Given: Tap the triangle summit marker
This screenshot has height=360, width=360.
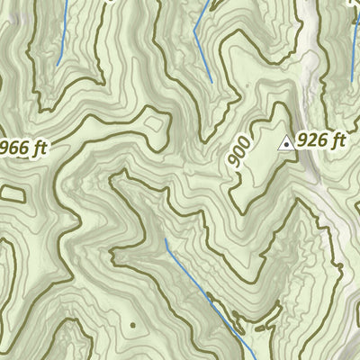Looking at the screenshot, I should click(x=286, y=142).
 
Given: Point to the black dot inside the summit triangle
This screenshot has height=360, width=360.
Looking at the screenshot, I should click(x=286, y=143).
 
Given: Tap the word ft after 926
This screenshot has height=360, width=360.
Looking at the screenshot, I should click(x=337, y=140).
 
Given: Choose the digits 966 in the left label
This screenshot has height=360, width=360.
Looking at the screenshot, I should click(x=13, y=148).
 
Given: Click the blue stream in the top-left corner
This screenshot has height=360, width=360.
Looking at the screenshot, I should click(x=62, y=31).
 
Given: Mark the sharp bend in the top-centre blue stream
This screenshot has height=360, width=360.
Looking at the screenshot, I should click(x=195, y=33).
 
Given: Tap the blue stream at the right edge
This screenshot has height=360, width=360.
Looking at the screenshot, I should click(x=354, y=54).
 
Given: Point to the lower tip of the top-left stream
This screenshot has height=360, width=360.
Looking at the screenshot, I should click(x=58, y=64).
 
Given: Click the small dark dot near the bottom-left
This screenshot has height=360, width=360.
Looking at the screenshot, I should click(x=132, y=324).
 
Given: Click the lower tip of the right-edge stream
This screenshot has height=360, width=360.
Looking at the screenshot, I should click(x=351, y=83).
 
